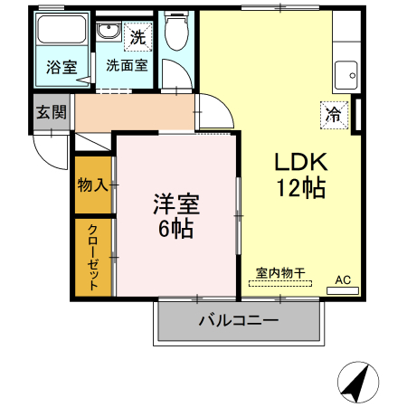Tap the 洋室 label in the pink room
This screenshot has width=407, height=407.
[x=175, y=203]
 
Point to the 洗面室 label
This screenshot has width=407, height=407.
[x=127, y=65]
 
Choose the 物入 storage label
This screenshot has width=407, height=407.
[x=93, y=185]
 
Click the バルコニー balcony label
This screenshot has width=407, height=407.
[x=238, y=321]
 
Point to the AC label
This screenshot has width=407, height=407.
[x=344, y=280]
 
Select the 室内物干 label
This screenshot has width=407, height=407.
[x=279, y=271]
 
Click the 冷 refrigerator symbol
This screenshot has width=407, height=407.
[x=333, y=115]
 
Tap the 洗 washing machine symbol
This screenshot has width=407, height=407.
[x=137, y=37]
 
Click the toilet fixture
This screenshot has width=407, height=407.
[x=176, y=33]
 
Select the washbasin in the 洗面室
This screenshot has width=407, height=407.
[x=109, y=35]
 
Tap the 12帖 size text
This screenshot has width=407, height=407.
[x=301, y=188]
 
